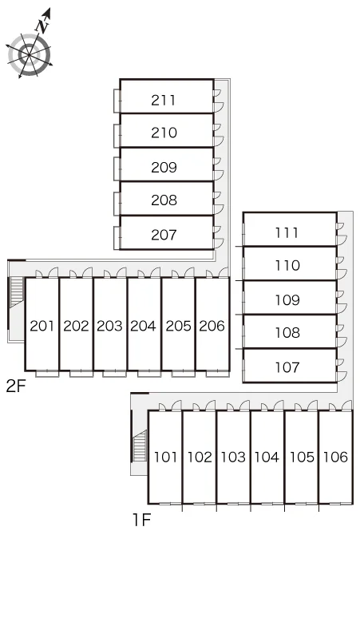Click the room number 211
pos(164,100)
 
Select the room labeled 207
pos(164,235)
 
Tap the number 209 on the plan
pos(164,168)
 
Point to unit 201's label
pos(42,326)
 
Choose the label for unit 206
pos(212,326)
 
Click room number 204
pos(144,326)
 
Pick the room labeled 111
pos(287,233)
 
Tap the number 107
pos(287,368)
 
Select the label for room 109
pos(287,300)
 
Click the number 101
pos(165,458)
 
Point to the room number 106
pos(335,458)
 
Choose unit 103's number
pos(233,458)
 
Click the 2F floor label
pos(16,386)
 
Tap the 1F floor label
pos(142,521)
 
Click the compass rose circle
pos(30,55)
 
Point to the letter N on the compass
pos(42,26)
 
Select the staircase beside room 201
pos(17,292)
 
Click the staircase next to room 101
pos(140,446)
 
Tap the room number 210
pos(164,133)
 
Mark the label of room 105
pos(302,458)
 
